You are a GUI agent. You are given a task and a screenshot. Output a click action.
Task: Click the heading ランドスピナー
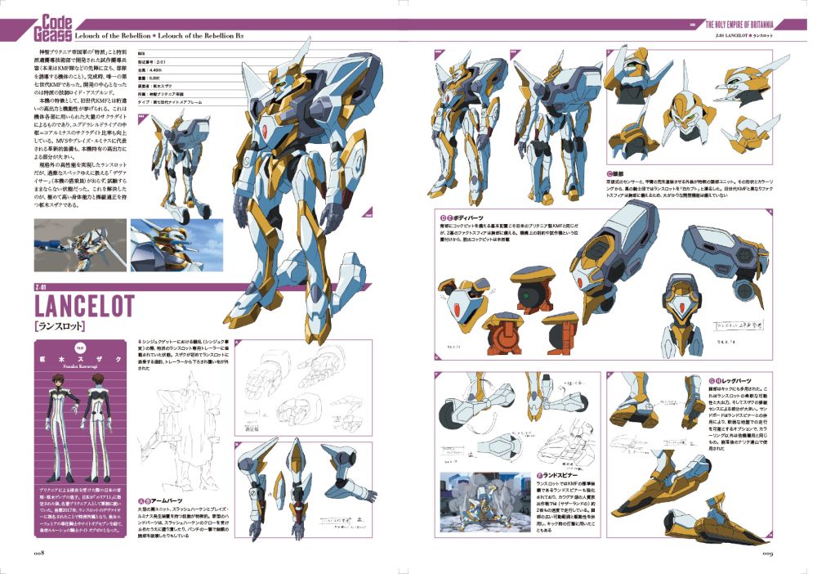560,474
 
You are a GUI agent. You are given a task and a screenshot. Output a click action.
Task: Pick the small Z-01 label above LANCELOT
45,286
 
